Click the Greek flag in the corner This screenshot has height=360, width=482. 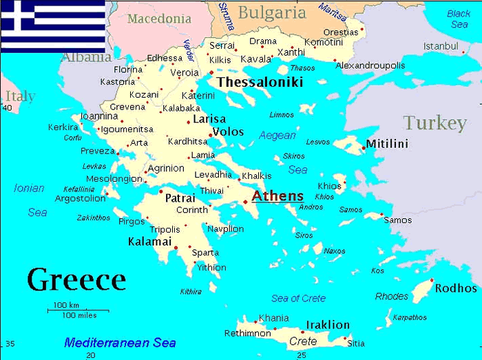(x=52, y=25)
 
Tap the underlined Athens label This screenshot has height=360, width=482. (x=277, y=196)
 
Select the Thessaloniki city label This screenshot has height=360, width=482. (x=260, y=83)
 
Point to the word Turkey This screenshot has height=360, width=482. (x=435, y=123)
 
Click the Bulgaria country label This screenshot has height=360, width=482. (x=272, y=12)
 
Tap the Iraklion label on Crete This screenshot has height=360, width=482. (x=327, y=325)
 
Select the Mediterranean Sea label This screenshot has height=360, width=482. (x=120, y=342)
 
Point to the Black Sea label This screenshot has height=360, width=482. (x=459, y=19)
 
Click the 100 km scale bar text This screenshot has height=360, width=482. (x=66, y=305)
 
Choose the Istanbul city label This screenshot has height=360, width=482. (x=441, y=46)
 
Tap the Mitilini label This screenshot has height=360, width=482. (x=387, y=144)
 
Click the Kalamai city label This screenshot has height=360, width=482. (x=149, y=242)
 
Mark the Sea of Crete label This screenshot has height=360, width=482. (x=299, y=298)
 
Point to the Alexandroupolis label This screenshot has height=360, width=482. (x=370, y=65)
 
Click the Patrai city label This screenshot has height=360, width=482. (x=180, y=198)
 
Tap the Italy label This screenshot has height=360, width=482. (x=20, y=96)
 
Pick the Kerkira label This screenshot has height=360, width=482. (x=63, y=127)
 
